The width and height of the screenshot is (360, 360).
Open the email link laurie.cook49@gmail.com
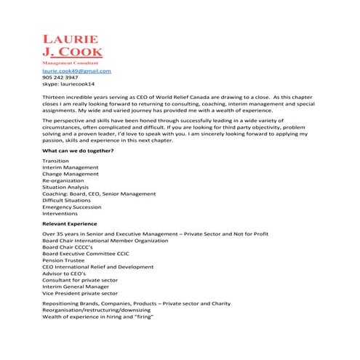tap(76, 71)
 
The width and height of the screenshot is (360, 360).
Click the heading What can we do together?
tap(78, 151)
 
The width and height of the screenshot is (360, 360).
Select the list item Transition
tap(56, 161)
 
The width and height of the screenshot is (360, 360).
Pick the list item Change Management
tap(72, 174)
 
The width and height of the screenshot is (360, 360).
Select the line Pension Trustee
tap(63, 260)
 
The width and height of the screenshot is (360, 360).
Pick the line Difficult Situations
tap(68, 200)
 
